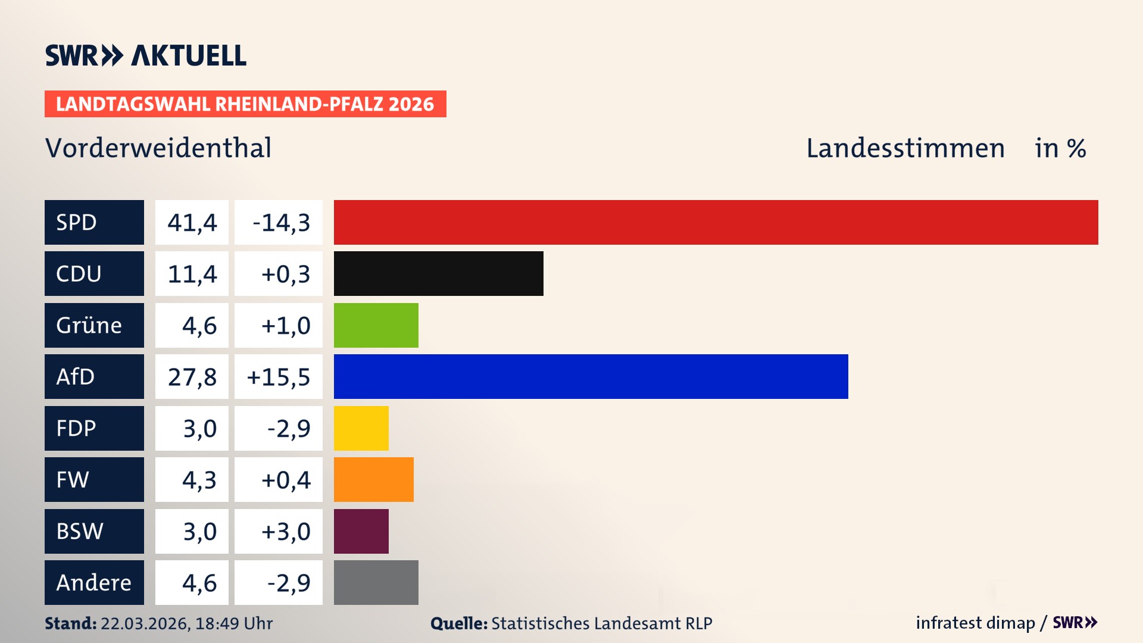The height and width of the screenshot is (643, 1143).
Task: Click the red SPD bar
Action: click(x=716, y=222)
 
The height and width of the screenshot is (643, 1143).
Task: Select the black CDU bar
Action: click(x=438, y=273)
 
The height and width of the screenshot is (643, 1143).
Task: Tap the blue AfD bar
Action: click(x=591, y=376)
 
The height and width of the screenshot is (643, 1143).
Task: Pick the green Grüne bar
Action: click(x=376, y=325)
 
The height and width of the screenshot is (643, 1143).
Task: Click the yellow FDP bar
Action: click(x=361, y=428)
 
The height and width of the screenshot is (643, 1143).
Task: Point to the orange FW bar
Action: click(x=373, y=479)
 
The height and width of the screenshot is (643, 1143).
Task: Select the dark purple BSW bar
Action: click(x=361, y=531)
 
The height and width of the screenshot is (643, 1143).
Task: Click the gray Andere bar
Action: click(x=376, y=582)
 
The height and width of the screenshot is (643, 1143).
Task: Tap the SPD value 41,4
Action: click(x=192, y=223)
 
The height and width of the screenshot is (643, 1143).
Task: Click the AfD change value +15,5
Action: click(x=278, y=377)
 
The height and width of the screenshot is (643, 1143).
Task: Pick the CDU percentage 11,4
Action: click(x=192, y=274)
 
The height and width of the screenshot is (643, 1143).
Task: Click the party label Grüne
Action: click(x=89, y=325)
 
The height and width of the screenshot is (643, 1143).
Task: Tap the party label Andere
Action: click(x=93, y=582)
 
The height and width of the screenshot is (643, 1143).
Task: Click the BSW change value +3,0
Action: click(x=286, y=531)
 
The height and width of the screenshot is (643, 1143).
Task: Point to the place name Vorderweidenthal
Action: click(x=158, y=148)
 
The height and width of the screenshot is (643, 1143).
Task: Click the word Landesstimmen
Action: click(x=905, y=148)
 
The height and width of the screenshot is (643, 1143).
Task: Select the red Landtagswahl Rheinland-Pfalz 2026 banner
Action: click(x=245, y=104)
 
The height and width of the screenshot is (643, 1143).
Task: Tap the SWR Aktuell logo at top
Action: click(x=146, y=55)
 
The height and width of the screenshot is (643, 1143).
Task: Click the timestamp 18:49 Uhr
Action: click(x=233, y=623)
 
